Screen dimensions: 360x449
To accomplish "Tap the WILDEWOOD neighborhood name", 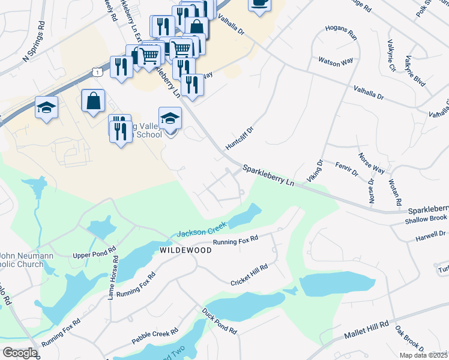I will coord(185,250).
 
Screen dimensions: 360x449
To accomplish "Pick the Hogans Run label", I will coord(341,32).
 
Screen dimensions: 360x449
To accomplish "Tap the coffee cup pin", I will coord(259,3).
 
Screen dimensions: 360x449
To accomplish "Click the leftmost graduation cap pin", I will coord(47,108).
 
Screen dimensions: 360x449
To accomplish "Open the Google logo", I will coord(19,353).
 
